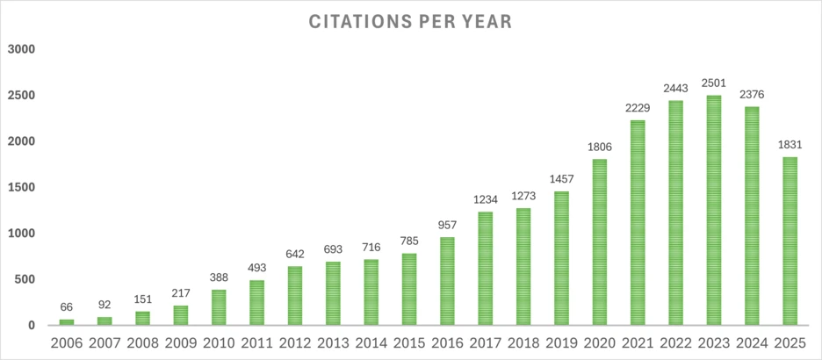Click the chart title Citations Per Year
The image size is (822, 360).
click(411, 20)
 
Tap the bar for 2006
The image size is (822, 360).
click(67, 322)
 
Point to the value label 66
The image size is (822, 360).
click(67, 307)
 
